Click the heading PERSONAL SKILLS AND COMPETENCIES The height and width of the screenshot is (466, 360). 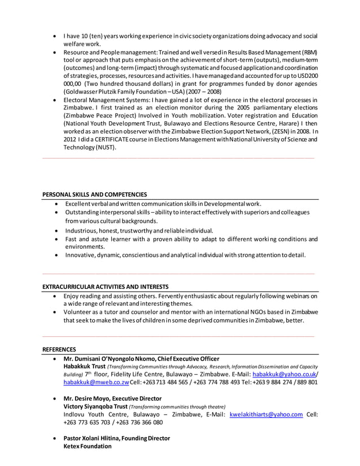click(x=94, y=194)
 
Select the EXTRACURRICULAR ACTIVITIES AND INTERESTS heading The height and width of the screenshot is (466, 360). click(x=105, y=287)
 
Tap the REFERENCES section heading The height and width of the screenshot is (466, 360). click(x=59, y=350)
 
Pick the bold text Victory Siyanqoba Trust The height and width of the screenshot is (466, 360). click(x=95, y=406)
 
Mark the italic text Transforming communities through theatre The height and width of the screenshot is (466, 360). click(x=177, y=407)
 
